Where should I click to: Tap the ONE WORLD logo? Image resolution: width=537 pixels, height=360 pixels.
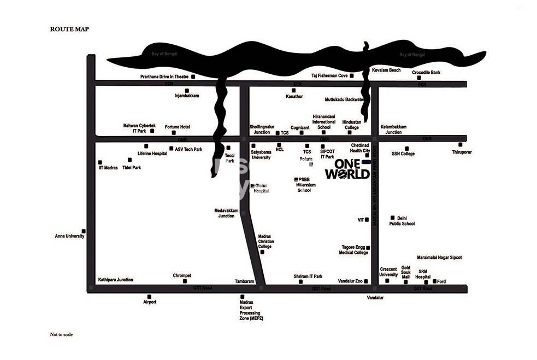[347, 169]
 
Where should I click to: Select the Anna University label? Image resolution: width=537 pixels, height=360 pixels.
[69, 236]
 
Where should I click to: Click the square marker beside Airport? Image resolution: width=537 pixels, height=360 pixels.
[149, 296]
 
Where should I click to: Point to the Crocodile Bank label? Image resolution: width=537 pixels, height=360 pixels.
[441, 73]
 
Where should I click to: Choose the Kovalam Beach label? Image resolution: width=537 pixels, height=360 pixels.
[386, 70]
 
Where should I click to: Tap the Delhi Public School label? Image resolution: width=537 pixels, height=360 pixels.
[402, 221]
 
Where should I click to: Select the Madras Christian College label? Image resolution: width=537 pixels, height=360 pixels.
[265, 241]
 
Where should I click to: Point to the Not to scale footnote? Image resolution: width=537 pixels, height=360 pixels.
[61, 334]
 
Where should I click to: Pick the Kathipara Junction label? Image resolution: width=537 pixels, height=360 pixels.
[115, 280]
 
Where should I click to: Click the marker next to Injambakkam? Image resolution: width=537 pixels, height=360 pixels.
[187, 90]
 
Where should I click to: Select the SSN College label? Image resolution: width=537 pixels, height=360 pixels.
[403, 154]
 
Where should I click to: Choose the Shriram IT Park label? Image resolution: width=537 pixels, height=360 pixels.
[308, 276]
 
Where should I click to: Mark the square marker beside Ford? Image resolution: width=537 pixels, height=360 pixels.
[435, 281]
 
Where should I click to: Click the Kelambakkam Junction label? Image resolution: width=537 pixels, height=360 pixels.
[393, 129]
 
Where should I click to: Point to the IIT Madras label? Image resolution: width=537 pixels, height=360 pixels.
[108, 167]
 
